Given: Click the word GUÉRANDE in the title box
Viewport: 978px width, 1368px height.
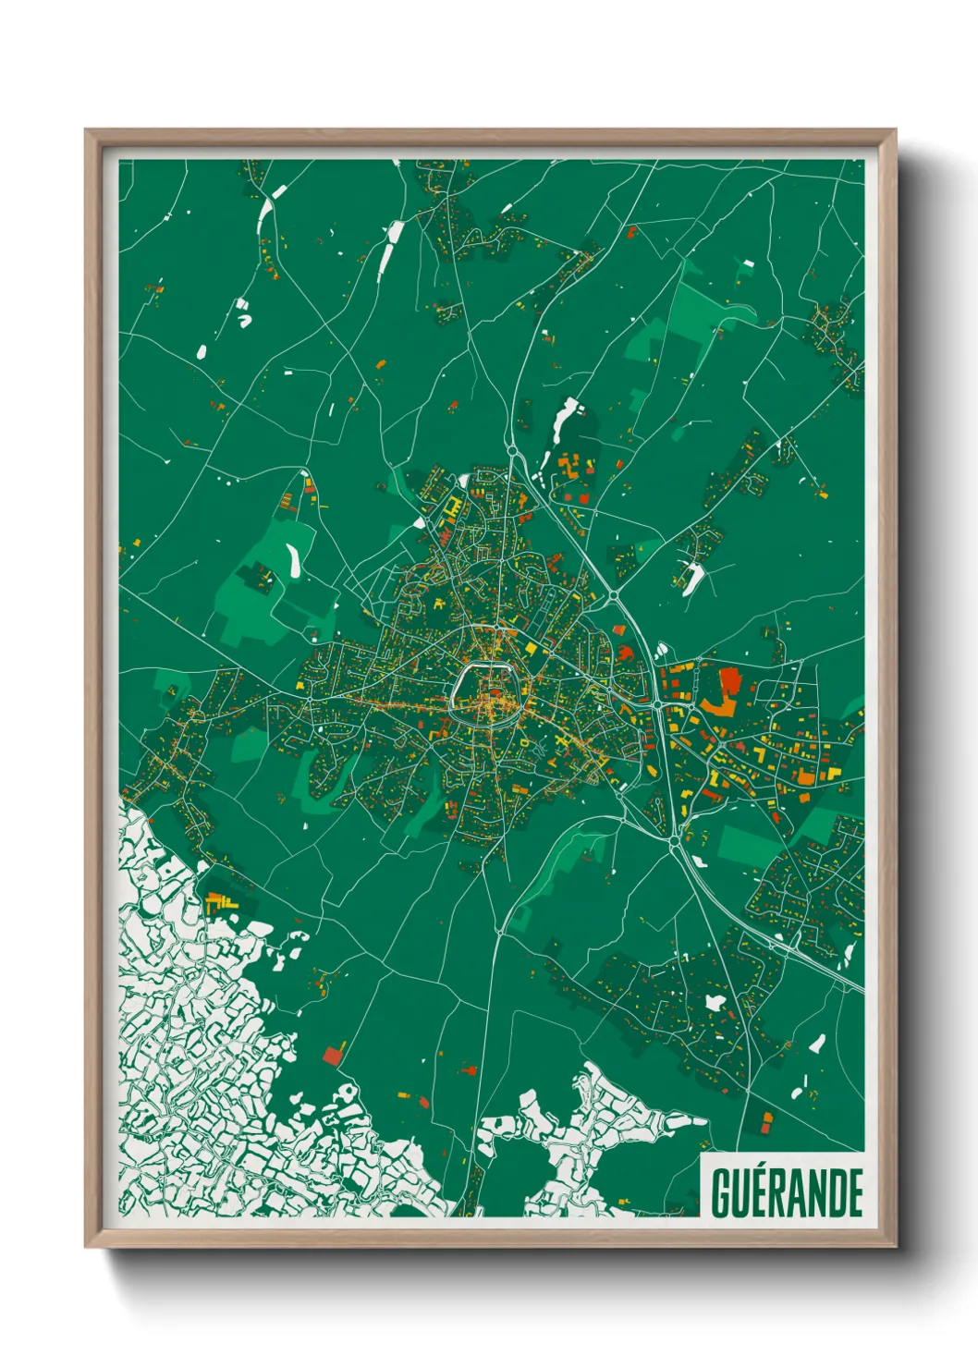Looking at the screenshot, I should pos(787,1193).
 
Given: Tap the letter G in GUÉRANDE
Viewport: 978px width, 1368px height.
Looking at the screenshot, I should pos(721,1193).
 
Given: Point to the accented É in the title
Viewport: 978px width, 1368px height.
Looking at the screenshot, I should pos(764,1191).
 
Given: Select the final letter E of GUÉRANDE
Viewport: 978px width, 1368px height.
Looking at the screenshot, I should pos(855,1193).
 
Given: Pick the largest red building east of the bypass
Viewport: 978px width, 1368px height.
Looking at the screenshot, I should pos(730,681).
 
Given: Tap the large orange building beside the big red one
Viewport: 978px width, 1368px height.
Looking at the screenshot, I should pos(718,707).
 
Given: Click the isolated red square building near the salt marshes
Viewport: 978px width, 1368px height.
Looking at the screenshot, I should pos(333,1056).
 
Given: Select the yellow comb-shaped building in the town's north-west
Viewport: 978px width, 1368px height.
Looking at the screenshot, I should pos(452,507).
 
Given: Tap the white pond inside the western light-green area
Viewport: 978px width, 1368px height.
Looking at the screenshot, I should pos(293,558).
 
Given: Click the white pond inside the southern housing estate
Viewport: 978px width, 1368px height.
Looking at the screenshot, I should pos(715,1002).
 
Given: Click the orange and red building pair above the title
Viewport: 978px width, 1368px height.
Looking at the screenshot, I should pos(765,1121).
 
